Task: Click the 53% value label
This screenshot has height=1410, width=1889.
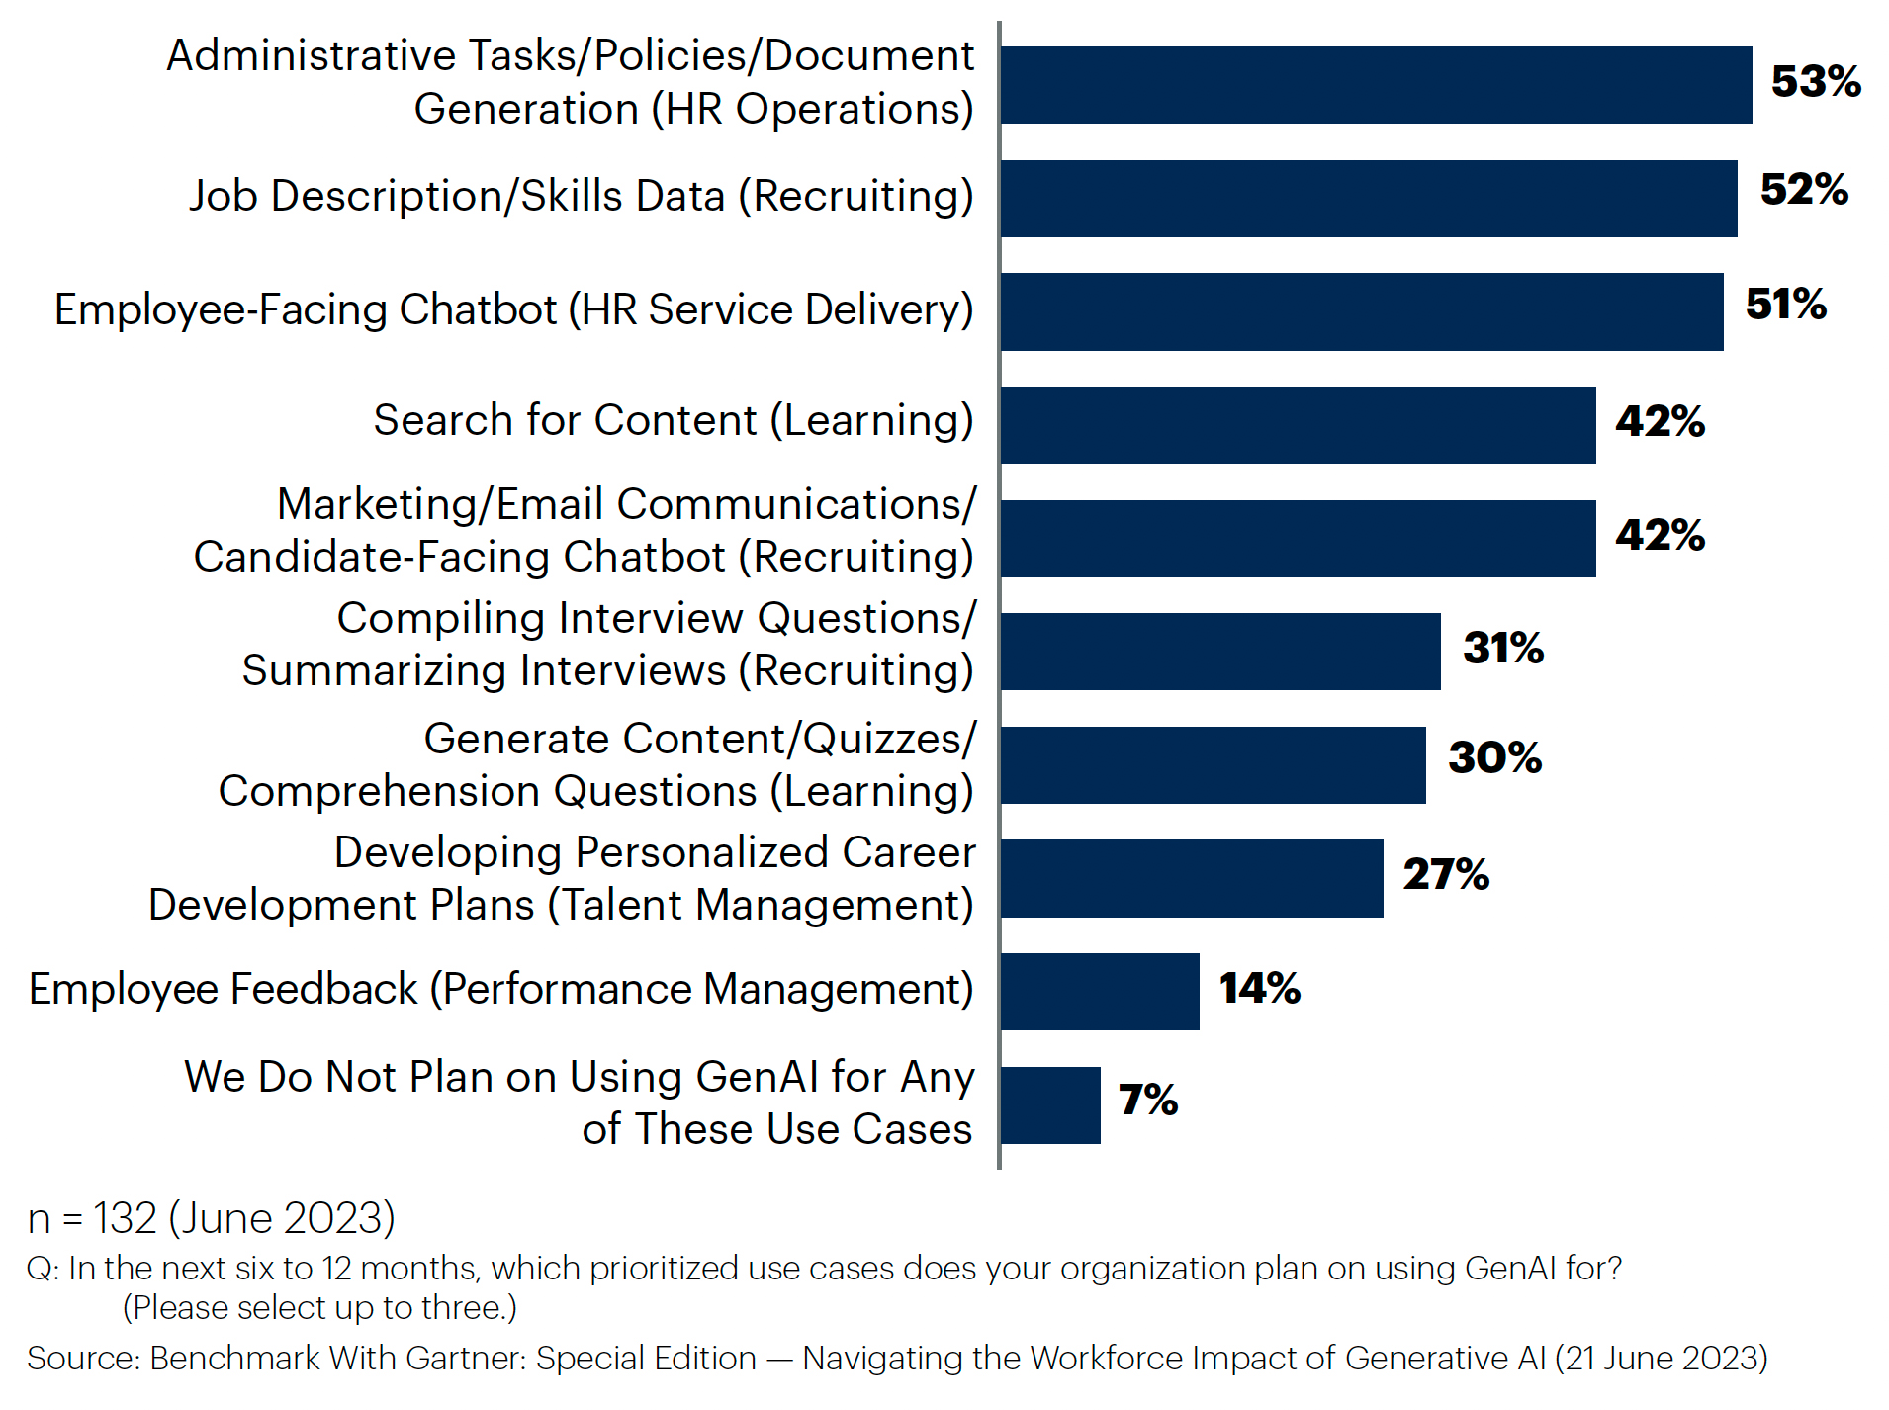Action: pos(1815,82)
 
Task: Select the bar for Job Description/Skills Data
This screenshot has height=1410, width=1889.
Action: pos(1369,199)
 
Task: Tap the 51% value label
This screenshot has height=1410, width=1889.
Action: pos(1785,305)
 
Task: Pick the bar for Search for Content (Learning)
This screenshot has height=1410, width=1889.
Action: pos(1298,425)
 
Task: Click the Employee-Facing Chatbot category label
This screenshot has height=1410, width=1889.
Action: pos(513,309)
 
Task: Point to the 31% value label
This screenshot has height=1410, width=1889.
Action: pos(1502,649)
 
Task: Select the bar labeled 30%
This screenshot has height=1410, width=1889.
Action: pos(1214,765)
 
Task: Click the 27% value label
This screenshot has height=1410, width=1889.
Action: pos(1445,874)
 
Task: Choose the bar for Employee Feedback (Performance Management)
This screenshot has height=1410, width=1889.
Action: pos(1100,992)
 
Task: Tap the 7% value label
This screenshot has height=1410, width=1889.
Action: pos(1147,1100)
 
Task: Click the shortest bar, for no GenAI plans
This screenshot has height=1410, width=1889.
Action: pos(1050,1105)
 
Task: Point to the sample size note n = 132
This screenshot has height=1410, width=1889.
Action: pos(211,1218)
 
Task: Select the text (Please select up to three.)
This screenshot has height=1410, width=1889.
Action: pos(319,1308)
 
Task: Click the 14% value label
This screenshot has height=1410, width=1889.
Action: pos(1259,988)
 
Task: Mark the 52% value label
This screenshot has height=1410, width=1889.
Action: pos(1803,190)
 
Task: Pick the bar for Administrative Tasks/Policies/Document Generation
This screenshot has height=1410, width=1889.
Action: pos(1376,85)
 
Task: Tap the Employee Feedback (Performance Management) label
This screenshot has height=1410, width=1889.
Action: pos(500,989)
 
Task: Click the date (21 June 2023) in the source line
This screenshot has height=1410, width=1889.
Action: pos(1661,1359)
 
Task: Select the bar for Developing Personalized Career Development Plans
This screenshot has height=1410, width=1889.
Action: pos(1192,879)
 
